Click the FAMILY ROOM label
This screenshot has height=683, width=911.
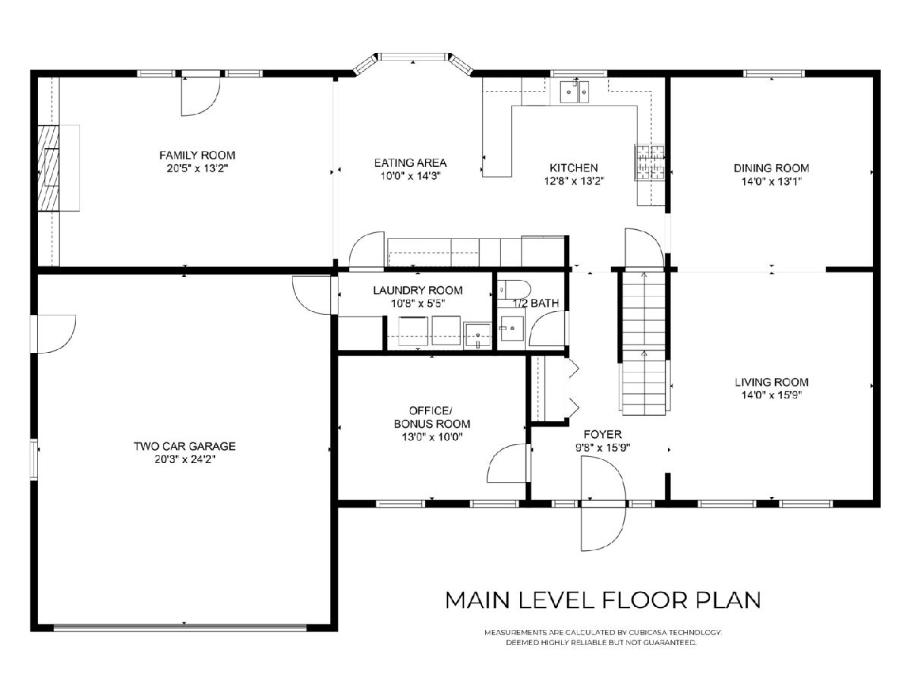coord(197,155)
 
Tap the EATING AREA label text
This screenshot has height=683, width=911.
coord(410,162)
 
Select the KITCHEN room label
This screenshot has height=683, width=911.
coord(574,168)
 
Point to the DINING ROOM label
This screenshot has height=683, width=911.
coord(771,168)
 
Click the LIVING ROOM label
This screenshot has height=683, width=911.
coord(771,382)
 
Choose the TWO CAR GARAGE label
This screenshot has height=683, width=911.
coord(184,446)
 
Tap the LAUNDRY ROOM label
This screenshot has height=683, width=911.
coord(418,291)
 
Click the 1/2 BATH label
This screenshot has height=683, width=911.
coord(535,303)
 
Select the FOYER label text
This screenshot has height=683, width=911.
coord(603,434)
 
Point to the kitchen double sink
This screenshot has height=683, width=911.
coord(575,92)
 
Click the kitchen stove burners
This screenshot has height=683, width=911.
coord(650,162)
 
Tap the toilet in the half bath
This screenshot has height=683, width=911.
coord(514,289)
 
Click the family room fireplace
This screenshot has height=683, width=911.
coord(49,168)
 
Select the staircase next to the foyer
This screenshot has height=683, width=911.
coord(644,342)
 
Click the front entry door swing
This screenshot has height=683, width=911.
coord(603,503)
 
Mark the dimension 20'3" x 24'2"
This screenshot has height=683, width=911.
coord(184,459)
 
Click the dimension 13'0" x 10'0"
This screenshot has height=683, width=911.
coord(432,436)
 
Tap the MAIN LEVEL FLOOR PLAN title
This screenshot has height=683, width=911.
coord(603,600)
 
